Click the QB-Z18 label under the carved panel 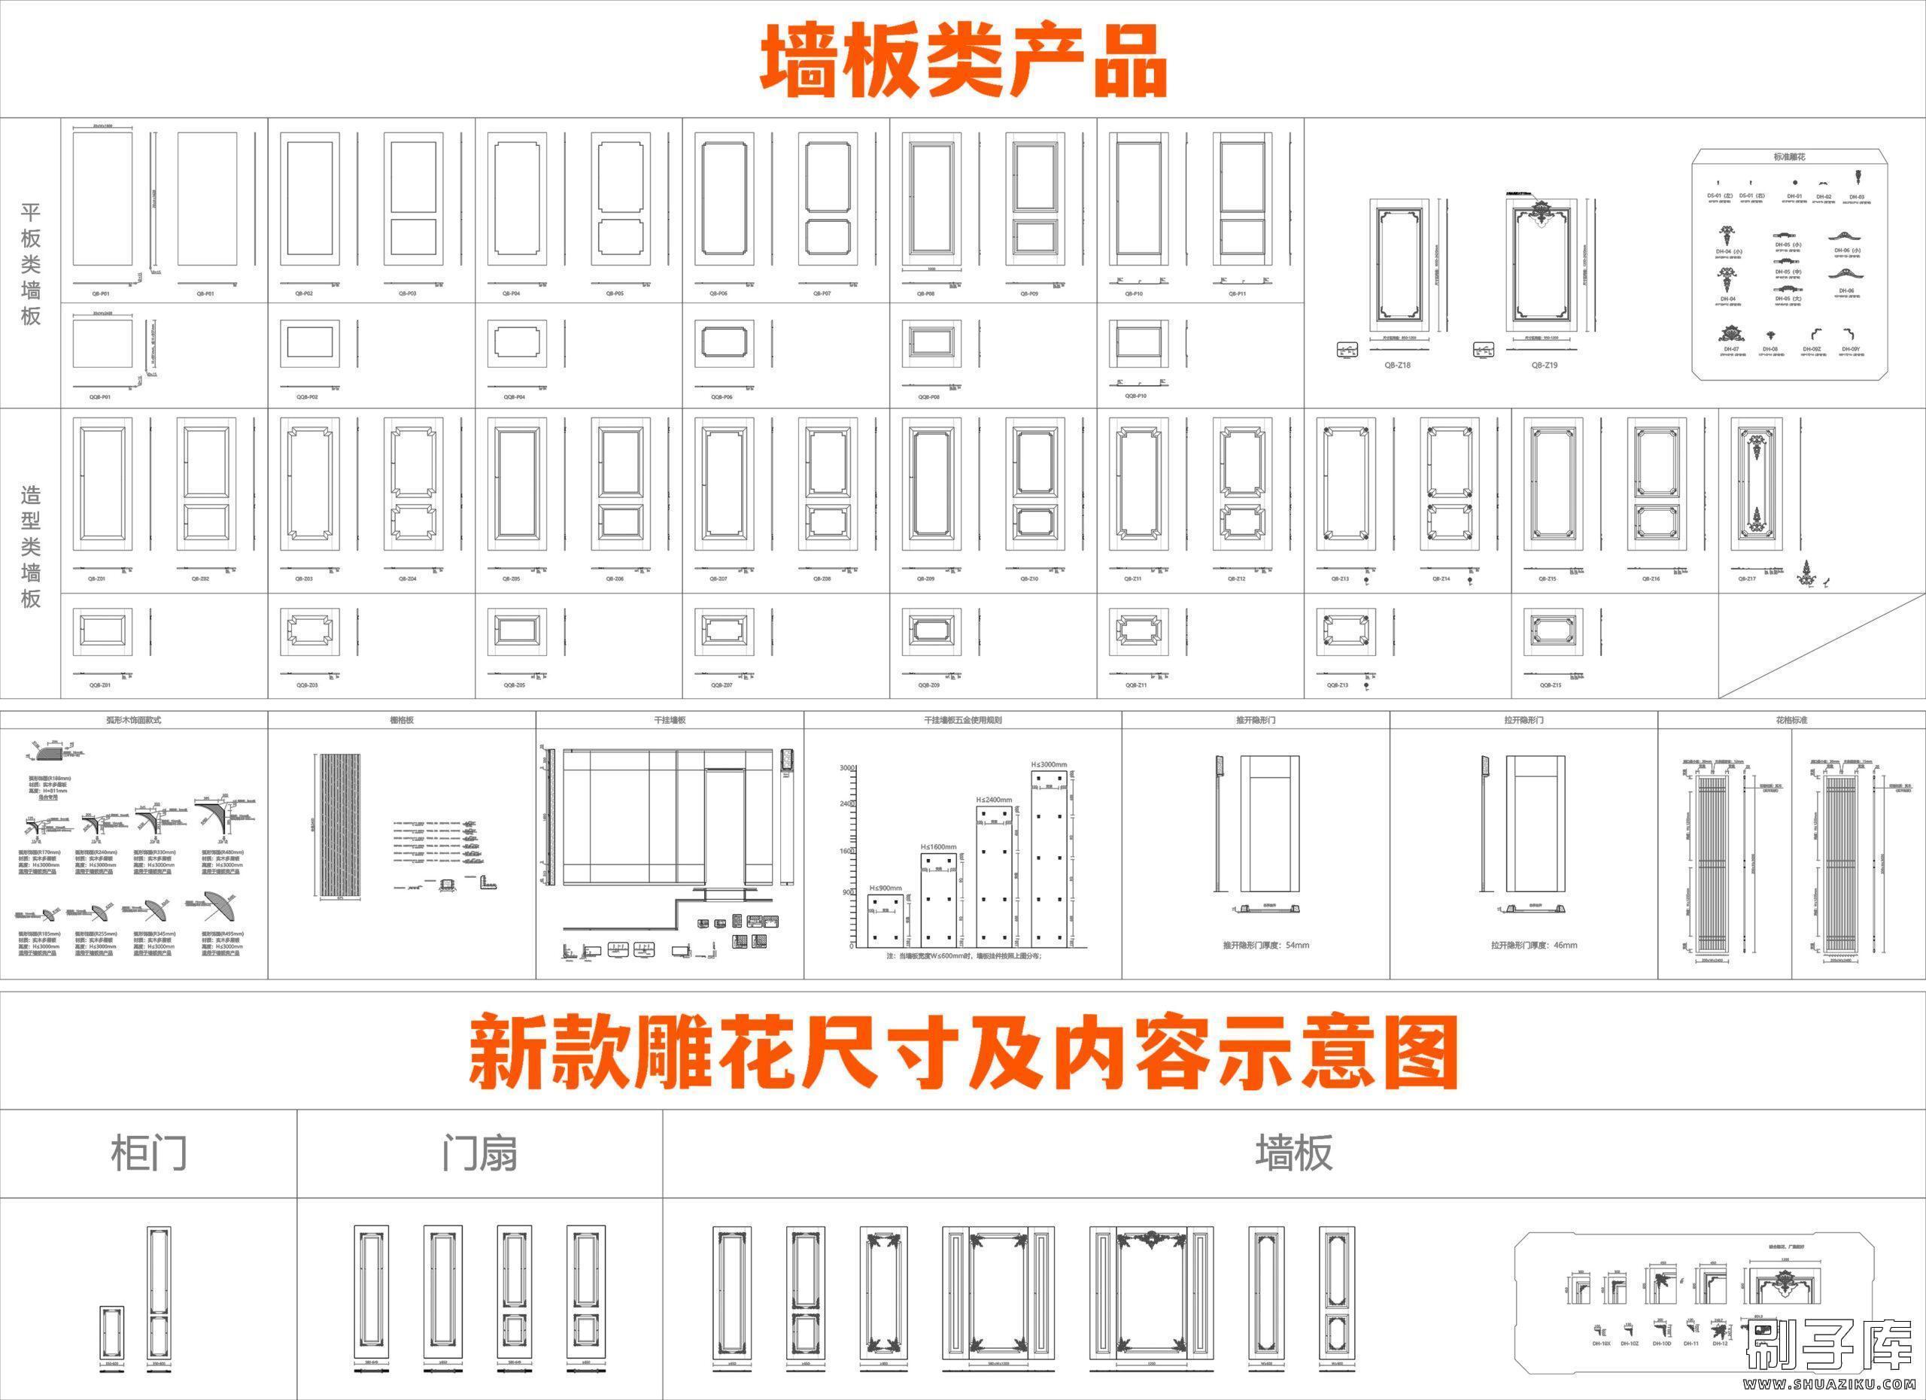[1397, 365]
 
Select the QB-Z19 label [1544, 365]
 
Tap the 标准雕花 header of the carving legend [1788, 157]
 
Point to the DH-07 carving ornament [1730, 335]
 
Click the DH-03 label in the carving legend [1855, 197]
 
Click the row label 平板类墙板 [31, 263]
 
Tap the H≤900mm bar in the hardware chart [886, 919]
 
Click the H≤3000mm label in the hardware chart [1049, 764]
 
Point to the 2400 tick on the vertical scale [846, 803]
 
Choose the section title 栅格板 [402, 720]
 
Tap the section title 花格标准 [1791, 720]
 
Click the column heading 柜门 [149, 1154]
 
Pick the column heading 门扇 [479, 1154]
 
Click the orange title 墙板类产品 [962, 61]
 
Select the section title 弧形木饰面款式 [133, 720]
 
